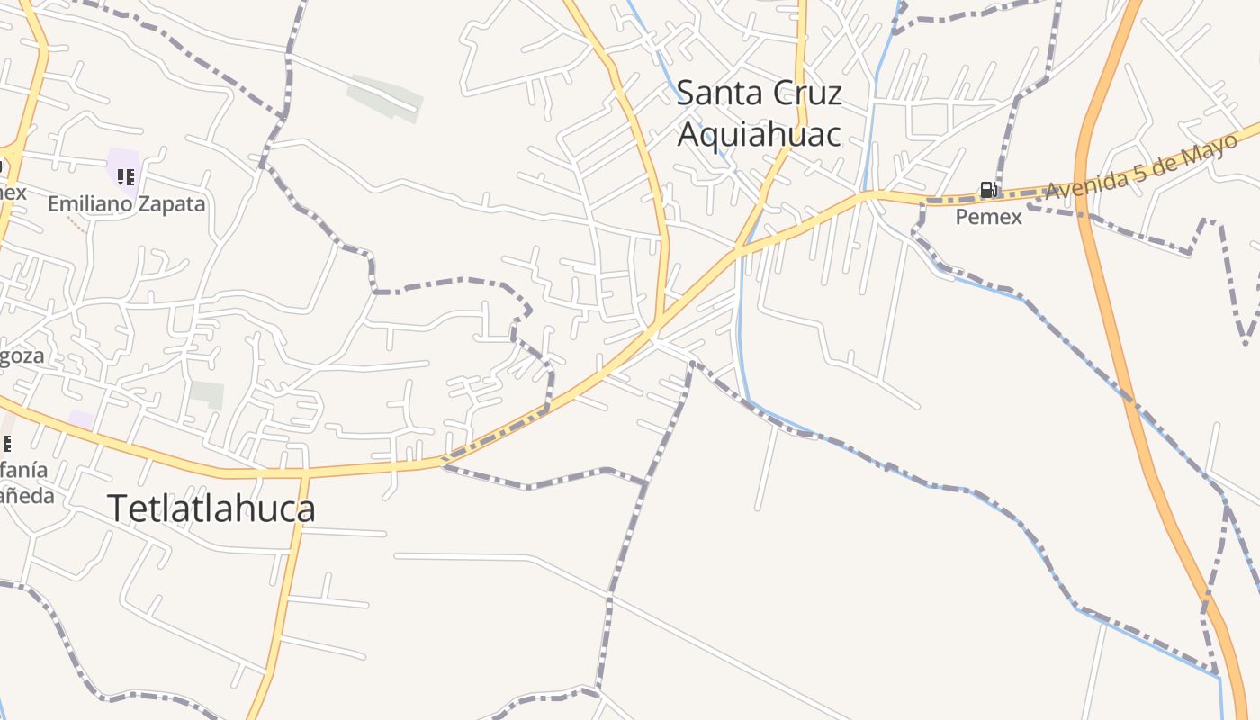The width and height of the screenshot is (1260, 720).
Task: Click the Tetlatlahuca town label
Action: [211, 508]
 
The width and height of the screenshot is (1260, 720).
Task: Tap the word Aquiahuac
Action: [759, 134]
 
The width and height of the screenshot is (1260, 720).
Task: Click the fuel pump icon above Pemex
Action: [988, 190]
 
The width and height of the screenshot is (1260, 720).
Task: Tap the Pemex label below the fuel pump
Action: [988, 217]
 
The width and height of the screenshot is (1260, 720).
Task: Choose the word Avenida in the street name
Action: [1079, 186]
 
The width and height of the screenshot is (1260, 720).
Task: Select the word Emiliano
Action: [89, 204]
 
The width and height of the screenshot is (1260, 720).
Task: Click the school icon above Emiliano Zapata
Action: [126, 176]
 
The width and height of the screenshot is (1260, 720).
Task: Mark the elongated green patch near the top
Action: [384, 96]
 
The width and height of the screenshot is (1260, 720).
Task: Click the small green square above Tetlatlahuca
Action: [207, 393]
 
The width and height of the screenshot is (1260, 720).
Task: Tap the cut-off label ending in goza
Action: [22, 356]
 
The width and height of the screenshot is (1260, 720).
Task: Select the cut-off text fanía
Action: [23, 470]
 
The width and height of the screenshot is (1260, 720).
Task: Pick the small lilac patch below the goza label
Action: [81, 419]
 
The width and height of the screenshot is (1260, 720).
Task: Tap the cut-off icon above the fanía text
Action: [5, 443]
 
